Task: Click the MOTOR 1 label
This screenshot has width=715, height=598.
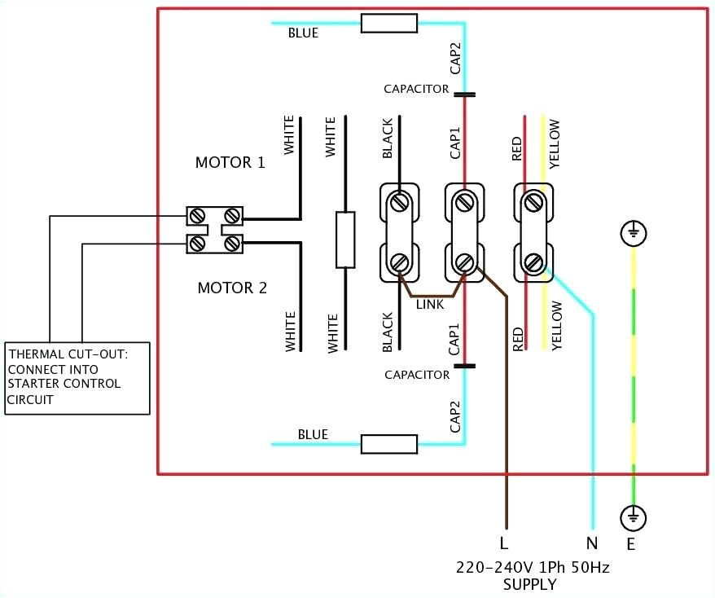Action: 230,162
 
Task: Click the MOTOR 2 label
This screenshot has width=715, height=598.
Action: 232,288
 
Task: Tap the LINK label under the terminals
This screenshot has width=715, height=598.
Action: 430,304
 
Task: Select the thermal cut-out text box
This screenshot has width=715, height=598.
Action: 77,377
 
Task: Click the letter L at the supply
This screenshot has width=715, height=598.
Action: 505,542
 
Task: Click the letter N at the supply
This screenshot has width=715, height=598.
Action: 592,542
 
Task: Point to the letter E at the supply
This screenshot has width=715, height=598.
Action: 631,542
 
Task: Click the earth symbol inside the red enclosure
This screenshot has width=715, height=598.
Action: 633,235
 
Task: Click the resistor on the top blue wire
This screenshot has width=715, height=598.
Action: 389,23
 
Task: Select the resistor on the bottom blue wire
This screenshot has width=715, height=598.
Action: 389,443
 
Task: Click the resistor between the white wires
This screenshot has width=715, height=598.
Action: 345,240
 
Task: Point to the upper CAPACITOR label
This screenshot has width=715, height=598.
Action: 417,88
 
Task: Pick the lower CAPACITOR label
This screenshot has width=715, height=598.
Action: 417,375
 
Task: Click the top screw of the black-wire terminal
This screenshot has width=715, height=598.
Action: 399,201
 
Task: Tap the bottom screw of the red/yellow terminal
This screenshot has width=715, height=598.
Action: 534,262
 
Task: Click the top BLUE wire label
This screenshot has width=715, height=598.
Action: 303,34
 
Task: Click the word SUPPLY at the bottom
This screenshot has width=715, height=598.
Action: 530,584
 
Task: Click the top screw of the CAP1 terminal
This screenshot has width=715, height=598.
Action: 465,201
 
